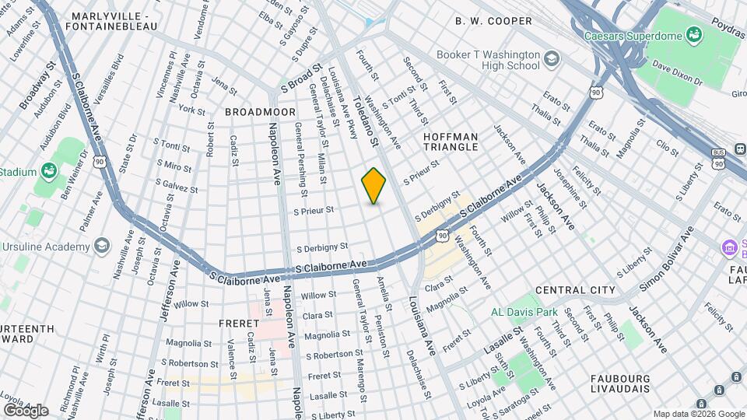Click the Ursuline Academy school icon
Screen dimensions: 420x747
(x=101, y=247)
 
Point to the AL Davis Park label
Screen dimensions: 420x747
(x=524, y=312)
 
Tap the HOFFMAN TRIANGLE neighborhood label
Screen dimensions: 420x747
(x=461, y=142)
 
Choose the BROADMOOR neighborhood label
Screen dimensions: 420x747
(x=260, y=112)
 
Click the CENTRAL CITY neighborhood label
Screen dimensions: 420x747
(x=575, y=290)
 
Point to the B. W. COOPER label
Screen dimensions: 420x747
(x=494, y=21)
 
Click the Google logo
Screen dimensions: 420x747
(x=26, y=409)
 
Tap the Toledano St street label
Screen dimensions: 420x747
(x=364, y=121)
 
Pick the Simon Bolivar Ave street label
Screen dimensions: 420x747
(x=667, y=258)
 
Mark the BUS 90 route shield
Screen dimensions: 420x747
(x=718, y=159)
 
